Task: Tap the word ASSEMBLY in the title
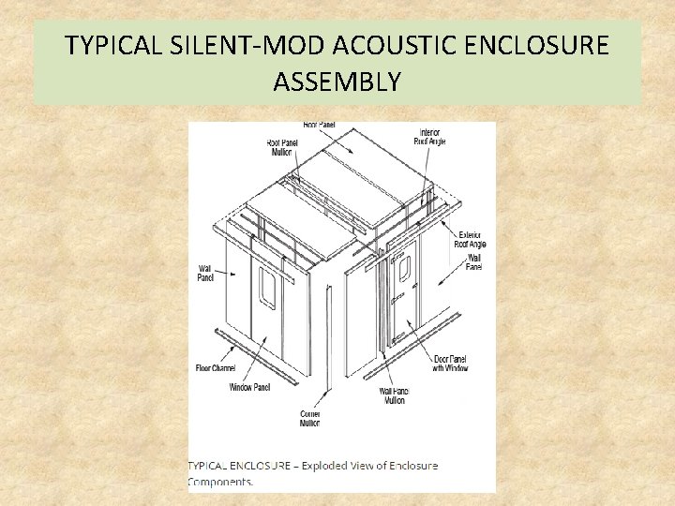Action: pos(337,82)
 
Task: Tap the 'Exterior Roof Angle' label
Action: pos(470,239)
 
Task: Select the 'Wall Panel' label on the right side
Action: pos(473,262)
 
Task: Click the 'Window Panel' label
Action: pos(249,387)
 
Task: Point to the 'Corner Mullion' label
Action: pos(310,418)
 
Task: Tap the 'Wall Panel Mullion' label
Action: pos(394,395)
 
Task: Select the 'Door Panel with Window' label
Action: pos(450,364)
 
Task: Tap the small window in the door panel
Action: pos(405,268)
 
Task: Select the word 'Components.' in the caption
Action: pos(220,482)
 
